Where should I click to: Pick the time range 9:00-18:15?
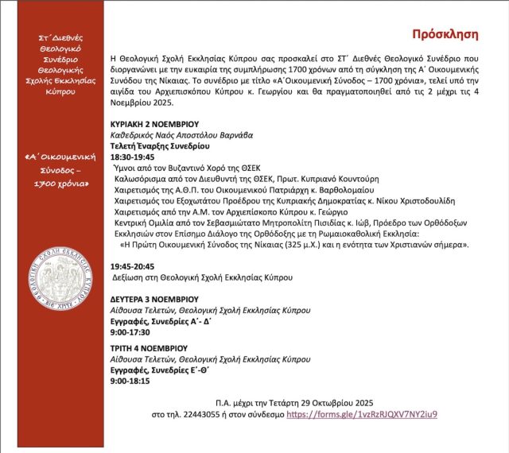tap(129, 381)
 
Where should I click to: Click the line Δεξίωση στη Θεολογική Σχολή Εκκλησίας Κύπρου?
tap(203, 278)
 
